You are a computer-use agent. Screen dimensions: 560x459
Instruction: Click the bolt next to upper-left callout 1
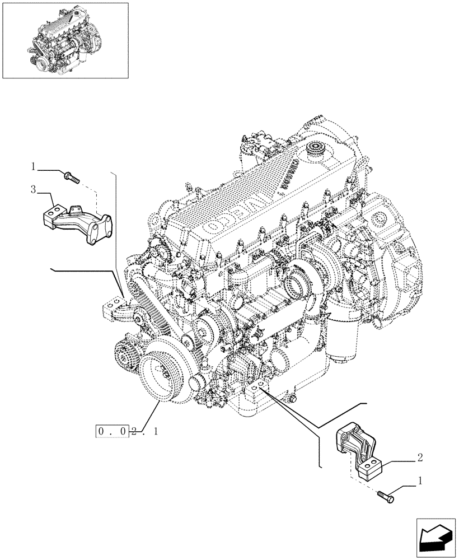72,178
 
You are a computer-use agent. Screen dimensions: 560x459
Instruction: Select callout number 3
34,190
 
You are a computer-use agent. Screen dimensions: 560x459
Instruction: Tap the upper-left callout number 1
34,166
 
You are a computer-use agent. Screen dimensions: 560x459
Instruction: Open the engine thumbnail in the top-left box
65,40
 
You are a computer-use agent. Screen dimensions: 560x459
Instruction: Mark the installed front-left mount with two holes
114,309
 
